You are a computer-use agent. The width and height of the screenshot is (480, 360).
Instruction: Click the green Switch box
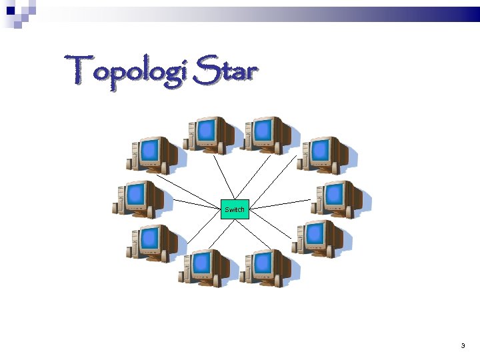[235, 209]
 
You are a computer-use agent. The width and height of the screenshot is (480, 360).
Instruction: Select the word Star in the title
[224, 70]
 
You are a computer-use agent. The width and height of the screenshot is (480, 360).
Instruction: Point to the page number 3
[463, 345]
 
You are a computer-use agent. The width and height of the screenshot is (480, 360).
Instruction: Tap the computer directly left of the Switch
[138, 198]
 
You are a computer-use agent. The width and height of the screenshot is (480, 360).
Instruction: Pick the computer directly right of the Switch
[337, 198]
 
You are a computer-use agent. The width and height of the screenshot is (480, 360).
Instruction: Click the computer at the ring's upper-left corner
[152, 154]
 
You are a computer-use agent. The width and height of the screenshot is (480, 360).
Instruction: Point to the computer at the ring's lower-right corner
[317, 237]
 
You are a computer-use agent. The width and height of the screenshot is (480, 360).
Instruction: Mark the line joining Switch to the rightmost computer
[280, 204]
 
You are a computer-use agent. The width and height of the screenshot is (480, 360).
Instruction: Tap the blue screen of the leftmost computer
[136, 194]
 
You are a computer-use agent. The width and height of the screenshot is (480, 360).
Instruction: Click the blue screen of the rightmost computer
[334, 194]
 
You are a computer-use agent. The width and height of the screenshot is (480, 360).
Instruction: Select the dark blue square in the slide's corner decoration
[11, 11]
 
